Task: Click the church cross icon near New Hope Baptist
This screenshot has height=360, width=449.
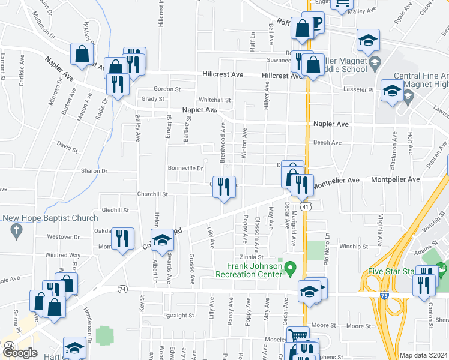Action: coord(16,229)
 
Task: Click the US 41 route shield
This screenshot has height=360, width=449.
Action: coord(306,207)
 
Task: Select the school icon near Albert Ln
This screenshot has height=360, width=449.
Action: coord(161,240)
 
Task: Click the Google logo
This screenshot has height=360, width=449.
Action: coord(20,353)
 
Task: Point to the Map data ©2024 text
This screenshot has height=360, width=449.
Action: coord(423,355)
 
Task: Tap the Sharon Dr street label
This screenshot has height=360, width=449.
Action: coord(94,171)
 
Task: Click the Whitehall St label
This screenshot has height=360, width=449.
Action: coord(215,100)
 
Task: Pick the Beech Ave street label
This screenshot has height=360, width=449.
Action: coord(327,143)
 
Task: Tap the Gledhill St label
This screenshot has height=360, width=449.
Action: coord(115,210)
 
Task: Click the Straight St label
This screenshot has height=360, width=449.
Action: coord(181,315)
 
